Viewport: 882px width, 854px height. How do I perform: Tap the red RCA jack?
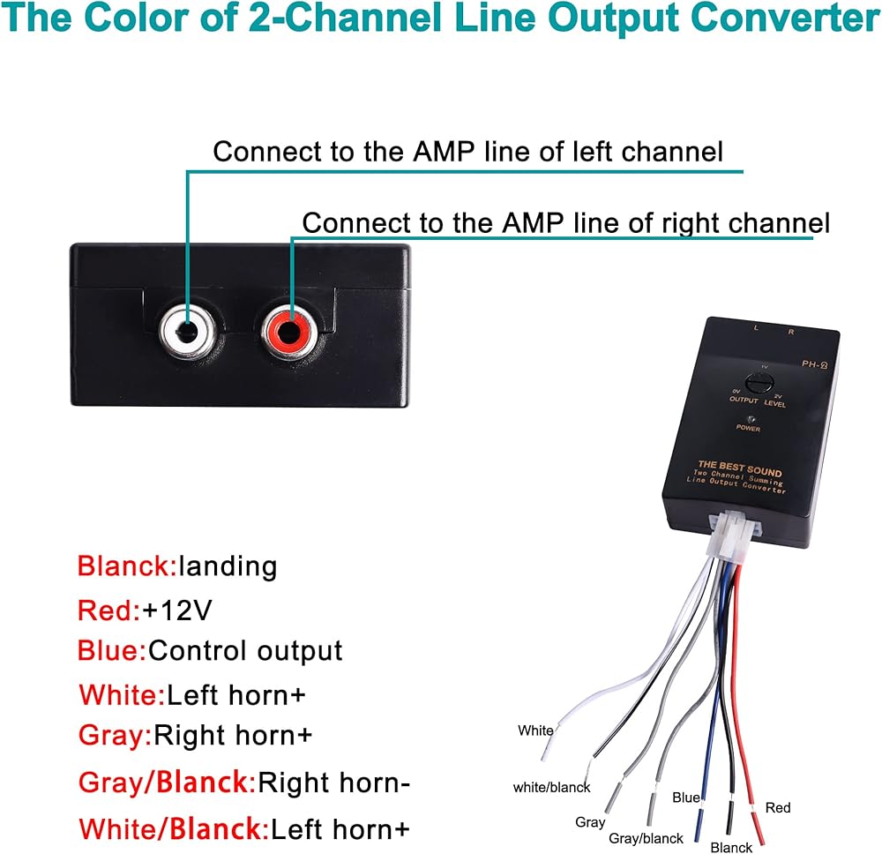pyautogui.click(x=288, y=332)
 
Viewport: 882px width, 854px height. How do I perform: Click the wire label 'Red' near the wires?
pyautogui.click(x=778, y=807)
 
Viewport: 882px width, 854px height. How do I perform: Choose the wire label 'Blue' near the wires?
pyautogui.click(x=686, y=798)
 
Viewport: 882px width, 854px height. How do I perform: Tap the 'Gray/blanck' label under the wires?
pyautogui.click(x=647, y=838)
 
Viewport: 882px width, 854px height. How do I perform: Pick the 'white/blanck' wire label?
pyautogui.click(x=552, y=787)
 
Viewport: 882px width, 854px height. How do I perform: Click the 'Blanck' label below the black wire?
pyautogui.click(x=731, y=848)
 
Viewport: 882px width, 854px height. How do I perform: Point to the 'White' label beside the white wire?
pyautogui.click(x=535, y=730)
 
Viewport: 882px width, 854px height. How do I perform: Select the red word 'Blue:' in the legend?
pyautogui.click(x=111, y=651)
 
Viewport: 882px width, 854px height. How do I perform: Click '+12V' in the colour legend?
pyautogui.click(x=177, y=609)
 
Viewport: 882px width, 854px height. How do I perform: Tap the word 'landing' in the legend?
pyautogui.click(x=228, y=566)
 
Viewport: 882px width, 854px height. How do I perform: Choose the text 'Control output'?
pyautogui.click(x=245, y=651)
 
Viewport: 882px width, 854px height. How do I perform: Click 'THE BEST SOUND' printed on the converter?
pyautogui.click(x=739, y=467)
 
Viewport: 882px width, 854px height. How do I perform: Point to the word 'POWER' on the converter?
pyautogui.click(x=748, y=428)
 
